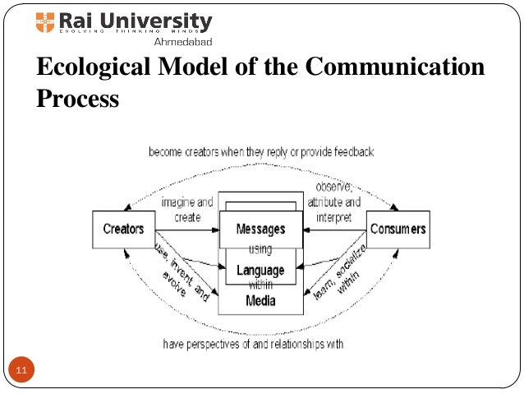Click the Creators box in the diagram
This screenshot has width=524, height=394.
pyautogui.click(x=123, y=229)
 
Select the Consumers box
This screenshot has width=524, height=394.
pyautogui.click(x=398, y=229)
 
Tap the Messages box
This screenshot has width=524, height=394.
pyautogui.click(x=260, y=229)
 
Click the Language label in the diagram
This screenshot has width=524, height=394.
pyautogui.click(x=260, y=270)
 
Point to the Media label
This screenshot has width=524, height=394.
pyautogui.click(x=260, y=300)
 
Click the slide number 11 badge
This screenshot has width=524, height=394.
pyautogui.click(x=21, y=371)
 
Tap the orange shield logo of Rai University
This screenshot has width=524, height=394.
pyautogui.click(x=45, y=21)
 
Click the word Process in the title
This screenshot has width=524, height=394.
pyautogui.click(x=78, y=100)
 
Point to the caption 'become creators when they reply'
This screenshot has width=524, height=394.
pyautogui.click(x=261, y=152)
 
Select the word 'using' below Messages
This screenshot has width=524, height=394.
pyautogui.click(x=260, y=249)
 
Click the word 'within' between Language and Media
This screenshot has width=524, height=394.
pyautogui.click(x=260, y=285)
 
